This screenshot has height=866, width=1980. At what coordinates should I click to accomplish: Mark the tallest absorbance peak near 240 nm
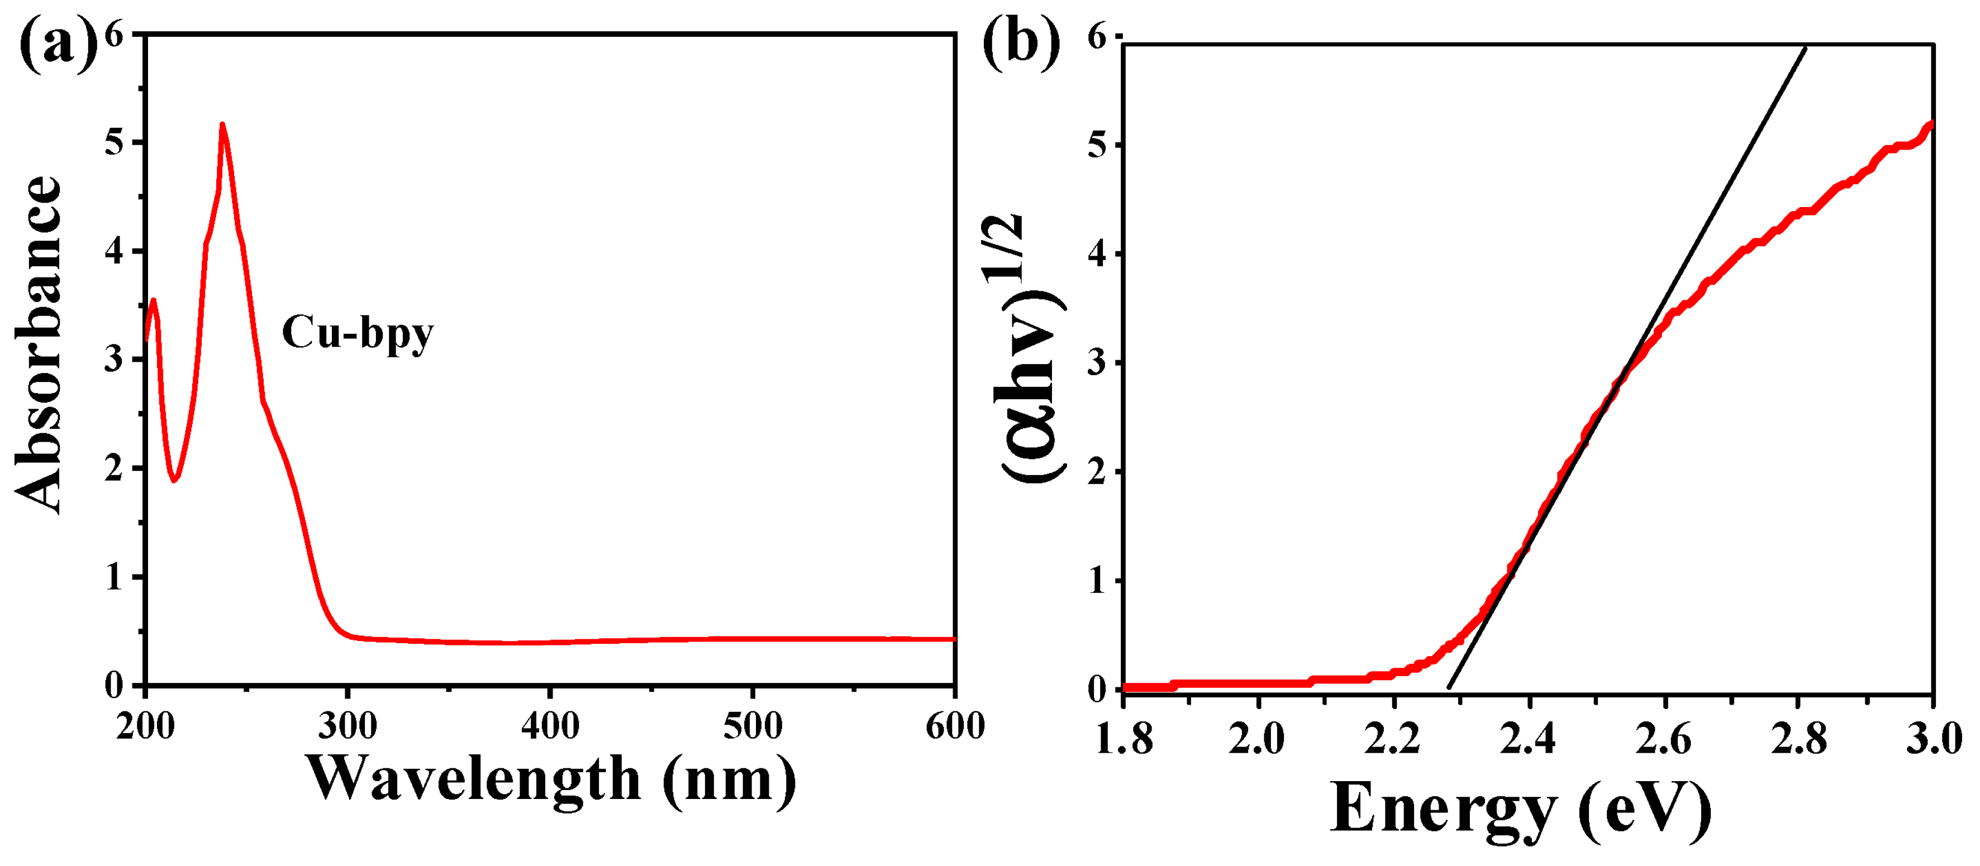[x=222, y=125]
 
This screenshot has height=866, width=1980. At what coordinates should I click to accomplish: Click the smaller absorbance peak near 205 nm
[x=154, y=300]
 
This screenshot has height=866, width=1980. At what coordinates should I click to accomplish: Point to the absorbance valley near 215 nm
[x=174, y=480]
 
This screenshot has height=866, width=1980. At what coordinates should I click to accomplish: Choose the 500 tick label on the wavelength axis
[x=753, y=726]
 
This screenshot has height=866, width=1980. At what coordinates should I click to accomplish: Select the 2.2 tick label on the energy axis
[x=1392, y=740]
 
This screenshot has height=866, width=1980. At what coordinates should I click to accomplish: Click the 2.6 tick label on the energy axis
[x=1663, y=740]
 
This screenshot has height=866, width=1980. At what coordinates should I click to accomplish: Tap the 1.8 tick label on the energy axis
[x=1124, y=740]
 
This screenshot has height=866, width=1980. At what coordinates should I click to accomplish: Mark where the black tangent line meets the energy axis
[x=1449, y=688]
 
